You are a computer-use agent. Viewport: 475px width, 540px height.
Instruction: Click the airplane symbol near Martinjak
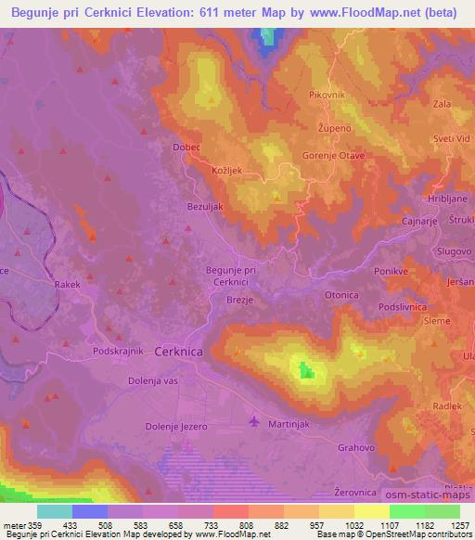256,423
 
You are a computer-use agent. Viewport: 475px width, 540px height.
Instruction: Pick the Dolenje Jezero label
176,426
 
